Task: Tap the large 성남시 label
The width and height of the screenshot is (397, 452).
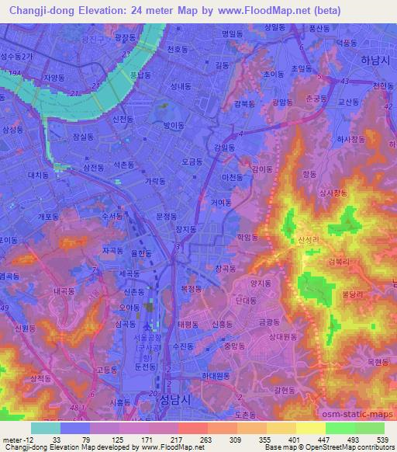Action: click(154, 398)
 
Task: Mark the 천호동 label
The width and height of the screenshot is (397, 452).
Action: click(178, 49)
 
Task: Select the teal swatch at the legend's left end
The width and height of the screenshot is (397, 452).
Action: click(45, 427)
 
